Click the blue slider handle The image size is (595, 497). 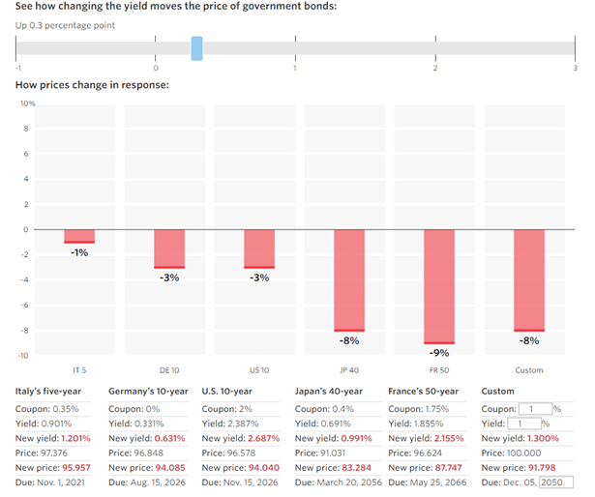click(x=196, y=48)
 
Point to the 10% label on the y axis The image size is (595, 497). click(x=27, y=103)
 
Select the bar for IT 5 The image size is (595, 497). click(x=79, y=236)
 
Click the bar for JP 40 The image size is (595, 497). click(x=348, y=280)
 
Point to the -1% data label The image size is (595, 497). click(x=79, y=252)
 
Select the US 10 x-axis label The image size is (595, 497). click(x=258, y=370)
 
